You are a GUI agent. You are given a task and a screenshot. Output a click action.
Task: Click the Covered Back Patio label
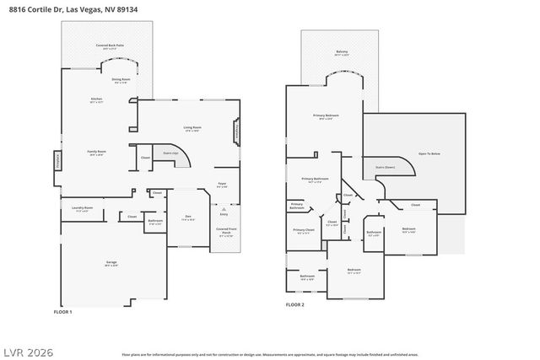pos(107,47)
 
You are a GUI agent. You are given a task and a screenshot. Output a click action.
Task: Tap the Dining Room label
pos(121,81)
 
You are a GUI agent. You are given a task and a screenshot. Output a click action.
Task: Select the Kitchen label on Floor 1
pos(97,100)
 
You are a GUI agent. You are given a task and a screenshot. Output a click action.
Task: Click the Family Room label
pos(95,153)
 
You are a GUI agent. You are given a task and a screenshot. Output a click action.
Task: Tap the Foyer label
pos(222,185)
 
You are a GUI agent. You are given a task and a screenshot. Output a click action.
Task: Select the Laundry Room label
pos(82,208)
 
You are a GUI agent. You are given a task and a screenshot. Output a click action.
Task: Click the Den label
pos(188,218)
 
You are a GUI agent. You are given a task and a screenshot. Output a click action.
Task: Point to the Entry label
pos(224,215)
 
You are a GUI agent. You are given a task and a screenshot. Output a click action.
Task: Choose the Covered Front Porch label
pos(225,231)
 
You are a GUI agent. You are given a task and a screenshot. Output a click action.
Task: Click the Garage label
pos(111,263)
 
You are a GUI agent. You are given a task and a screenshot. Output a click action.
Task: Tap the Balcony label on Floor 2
pos(341,52)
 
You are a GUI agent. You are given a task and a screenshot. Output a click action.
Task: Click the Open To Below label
pos(429,154)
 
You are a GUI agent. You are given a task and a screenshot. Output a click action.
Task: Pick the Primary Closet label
pos(304,230)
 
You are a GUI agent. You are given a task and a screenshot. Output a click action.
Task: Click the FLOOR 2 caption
pos(294,304)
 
